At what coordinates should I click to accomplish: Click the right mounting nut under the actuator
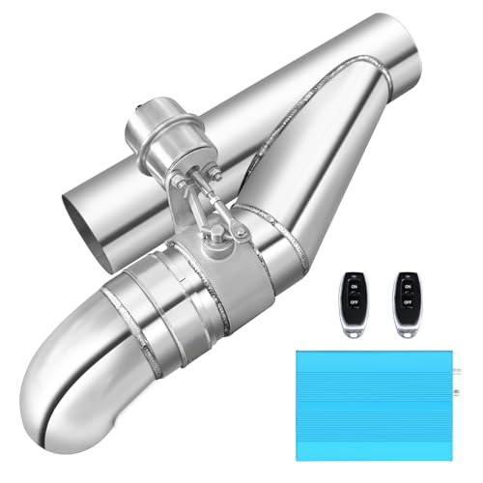pyautogui.click(x=214, y=178)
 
